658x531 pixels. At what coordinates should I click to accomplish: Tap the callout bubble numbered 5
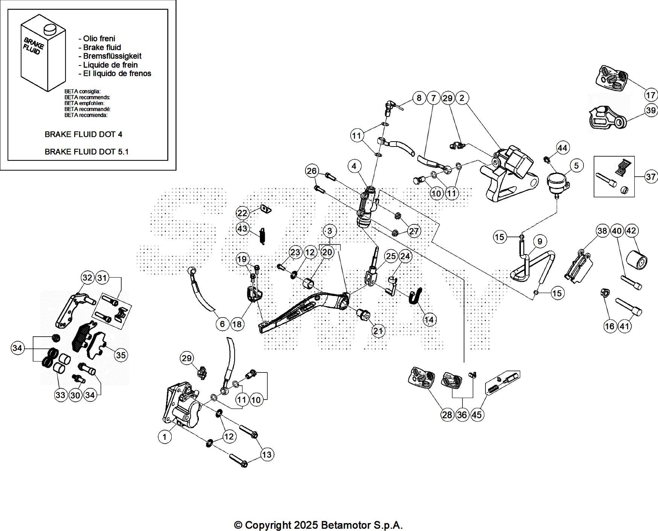coord(576,165)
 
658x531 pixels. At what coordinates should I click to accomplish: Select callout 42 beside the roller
coord(631,230)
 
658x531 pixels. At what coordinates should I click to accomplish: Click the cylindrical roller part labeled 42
coord(637,259)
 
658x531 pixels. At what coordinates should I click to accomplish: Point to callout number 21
coord(378,331)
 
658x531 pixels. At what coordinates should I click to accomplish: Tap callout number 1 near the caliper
coord(165,437)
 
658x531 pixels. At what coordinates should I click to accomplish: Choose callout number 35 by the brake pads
coord(121,355)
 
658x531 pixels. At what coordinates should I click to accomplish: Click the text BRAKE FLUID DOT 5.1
coord(86,152)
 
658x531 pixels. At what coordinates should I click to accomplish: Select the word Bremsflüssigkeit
coord(112,56)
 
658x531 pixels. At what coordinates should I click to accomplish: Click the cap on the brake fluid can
coord(49,29)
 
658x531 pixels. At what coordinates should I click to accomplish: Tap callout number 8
coord(419,98)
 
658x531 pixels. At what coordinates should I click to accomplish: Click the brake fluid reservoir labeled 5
coord(557,182)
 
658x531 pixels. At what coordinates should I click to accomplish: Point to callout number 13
coord(267,455)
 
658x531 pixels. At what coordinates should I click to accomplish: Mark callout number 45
coord(476,415)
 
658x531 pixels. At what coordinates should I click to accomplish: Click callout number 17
coord(650,95)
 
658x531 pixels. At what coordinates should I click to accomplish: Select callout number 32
coord(87,278)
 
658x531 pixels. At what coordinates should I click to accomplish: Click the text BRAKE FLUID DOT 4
coord(83,134)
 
